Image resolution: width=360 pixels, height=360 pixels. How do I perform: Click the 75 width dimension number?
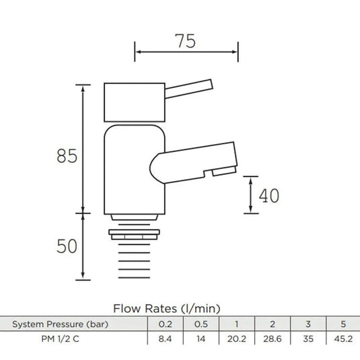click(x=185, y=41)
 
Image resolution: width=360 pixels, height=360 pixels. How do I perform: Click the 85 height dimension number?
click(x=67, y=156)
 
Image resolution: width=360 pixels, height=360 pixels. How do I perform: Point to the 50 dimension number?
click(x=67, y=246)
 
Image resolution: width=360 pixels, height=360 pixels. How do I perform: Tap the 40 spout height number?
click(x=269, y=196)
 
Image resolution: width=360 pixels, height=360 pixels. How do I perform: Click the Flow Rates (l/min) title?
click(x=167, y=308)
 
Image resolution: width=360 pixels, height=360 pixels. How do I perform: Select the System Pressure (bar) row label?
click(x=60, y=324)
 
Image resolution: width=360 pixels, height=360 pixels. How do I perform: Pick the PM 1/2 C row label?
click(x=60, y=339)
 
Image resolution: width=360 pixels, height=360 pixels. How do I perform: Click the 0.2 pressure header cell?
click(x=165, y=324)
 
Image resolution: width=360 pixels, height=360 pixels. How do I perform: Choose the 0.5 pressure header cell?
click(x=201, y=324)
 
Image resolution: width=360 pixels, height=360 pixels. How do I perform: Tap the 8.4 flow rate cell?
click(x=165, y=339)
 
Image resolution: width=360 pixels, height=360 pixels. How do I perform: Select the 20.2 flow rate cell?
click(x=237, y=339)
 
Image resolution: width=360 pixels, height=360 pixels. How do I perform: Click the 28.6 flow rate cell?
click(x=273, y=339)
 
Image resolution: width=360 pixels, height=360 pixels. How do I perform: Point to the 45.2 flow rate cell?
click(x=343, y=339)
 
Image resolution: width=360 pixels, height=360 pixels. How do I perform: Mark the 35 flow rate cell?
click(x=308, y=339)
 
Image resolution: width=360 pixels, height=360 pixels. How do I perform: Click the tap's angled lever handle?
click(x=188, y=89)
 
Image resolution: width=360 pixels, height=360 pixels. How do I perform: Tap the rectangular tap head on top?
click(x=135, y=102)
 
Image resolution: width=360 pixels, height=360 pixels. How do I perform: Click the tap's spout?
click(x=194, y=163)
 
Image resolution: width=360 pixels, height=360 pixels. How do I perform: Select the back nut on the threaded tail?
click(x=135, y=234)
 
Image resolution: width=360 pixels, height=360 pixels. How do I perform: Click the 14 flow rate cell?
click(x=201, y=339)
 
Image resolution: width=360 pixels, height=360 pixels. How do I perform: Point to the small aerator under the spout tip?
click(x=224, y=172)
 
